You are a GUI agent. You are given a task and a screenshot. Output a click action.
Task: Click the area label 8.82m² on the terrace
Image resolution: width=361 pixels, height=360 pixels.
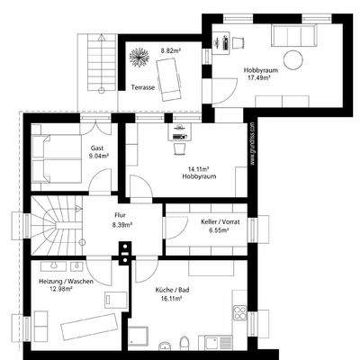170,50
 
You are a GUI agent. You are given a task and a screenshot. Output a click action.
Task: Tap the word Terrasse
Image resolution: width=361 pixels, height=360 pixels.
144,88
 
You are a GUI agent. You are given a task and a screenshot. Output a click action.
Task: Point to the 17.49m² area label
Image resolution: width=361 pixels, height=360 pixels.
260,76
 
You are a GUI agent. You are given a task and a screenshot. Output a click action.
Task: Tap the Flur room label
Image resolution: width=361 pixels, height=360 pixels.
120,215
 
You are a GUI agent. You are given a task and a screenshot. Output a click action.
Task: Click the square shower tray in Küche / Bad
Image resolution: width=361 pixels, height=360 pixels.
140,338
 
